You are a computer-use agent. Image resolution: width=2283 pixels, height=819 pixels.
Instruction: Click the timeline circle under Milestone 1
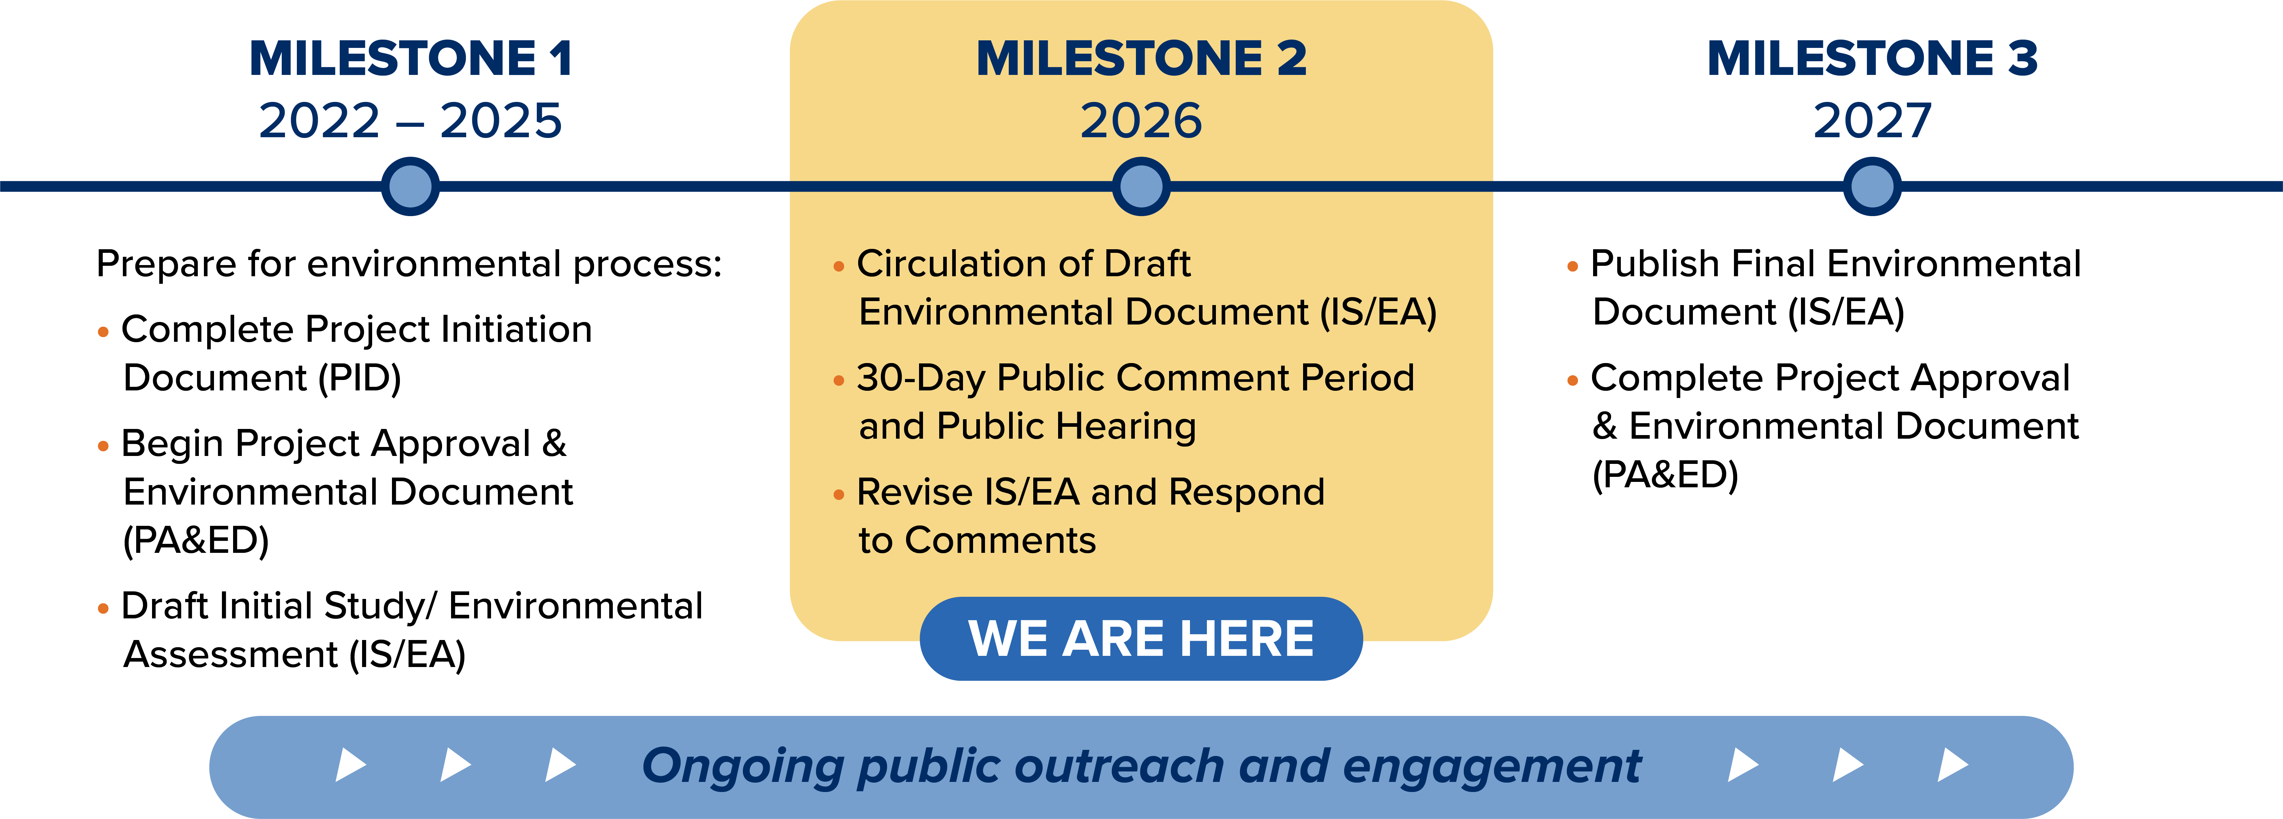click(410, 186)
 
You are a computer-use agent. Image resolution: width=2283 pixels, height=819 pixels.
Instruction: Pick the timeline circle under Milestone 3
click(1872, 186)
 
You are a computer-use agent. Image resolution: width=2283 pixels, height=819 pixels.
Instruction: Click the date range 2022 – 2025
click(410, 121)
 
